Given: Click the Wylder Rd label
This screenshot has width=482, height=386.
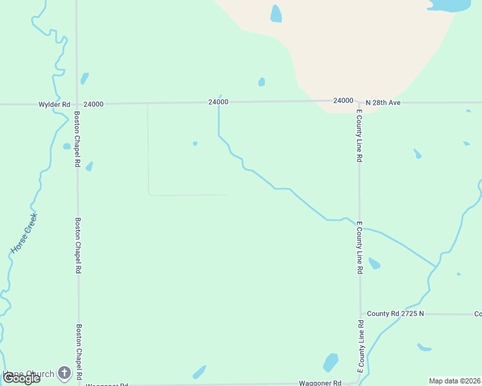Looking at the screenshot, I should [54, 104].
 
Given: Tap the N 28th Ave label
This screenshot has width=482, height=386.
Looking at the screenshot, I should [383, 102].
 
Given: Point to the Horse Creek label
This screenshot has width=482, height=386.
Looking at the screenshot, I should [24, 232].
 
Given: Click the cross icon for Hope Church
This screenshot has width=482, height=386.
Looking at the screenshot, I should [64, 372].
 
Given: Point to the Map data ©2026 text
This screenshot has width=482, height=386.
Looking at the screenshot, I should [454, 381].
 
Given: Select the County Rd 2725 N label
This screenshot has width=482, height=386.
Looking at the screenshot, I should [395, 314].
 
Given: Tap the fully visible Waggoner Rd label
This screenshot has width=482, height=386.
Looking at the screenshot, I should [320, 383].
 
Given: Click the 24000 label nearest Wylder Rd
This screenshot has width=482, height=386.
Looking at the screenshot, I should [93, 104].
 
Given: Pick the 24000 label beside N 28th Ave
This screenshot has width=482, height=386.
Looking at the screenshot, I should [343, 101].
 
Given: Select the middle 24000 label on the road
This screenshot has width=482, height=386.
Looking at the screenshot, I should [218, 102].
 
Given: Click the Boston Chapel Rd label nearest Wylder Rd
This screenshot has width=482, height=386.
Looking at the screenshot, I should [77, 140].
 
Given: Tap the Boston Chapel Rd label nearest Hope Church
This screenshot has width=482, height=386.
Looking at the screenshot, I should [79, 351].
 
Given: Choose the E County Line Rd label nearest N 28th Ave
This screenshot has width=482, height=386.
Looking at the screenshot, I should [359, 136].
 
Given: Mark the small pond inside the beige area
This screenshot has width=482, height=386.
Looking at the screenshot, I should [276, 14].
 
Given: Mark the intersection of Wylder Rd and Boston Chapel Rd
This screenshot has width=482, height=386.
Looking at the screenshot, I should [77, 104].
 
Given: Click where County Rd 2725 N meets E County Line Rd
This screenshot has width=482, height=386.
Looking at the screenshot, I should [360, 314].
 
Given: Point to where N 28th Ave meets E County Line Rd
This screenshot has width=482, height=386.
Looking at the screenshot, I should [359, 102].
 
